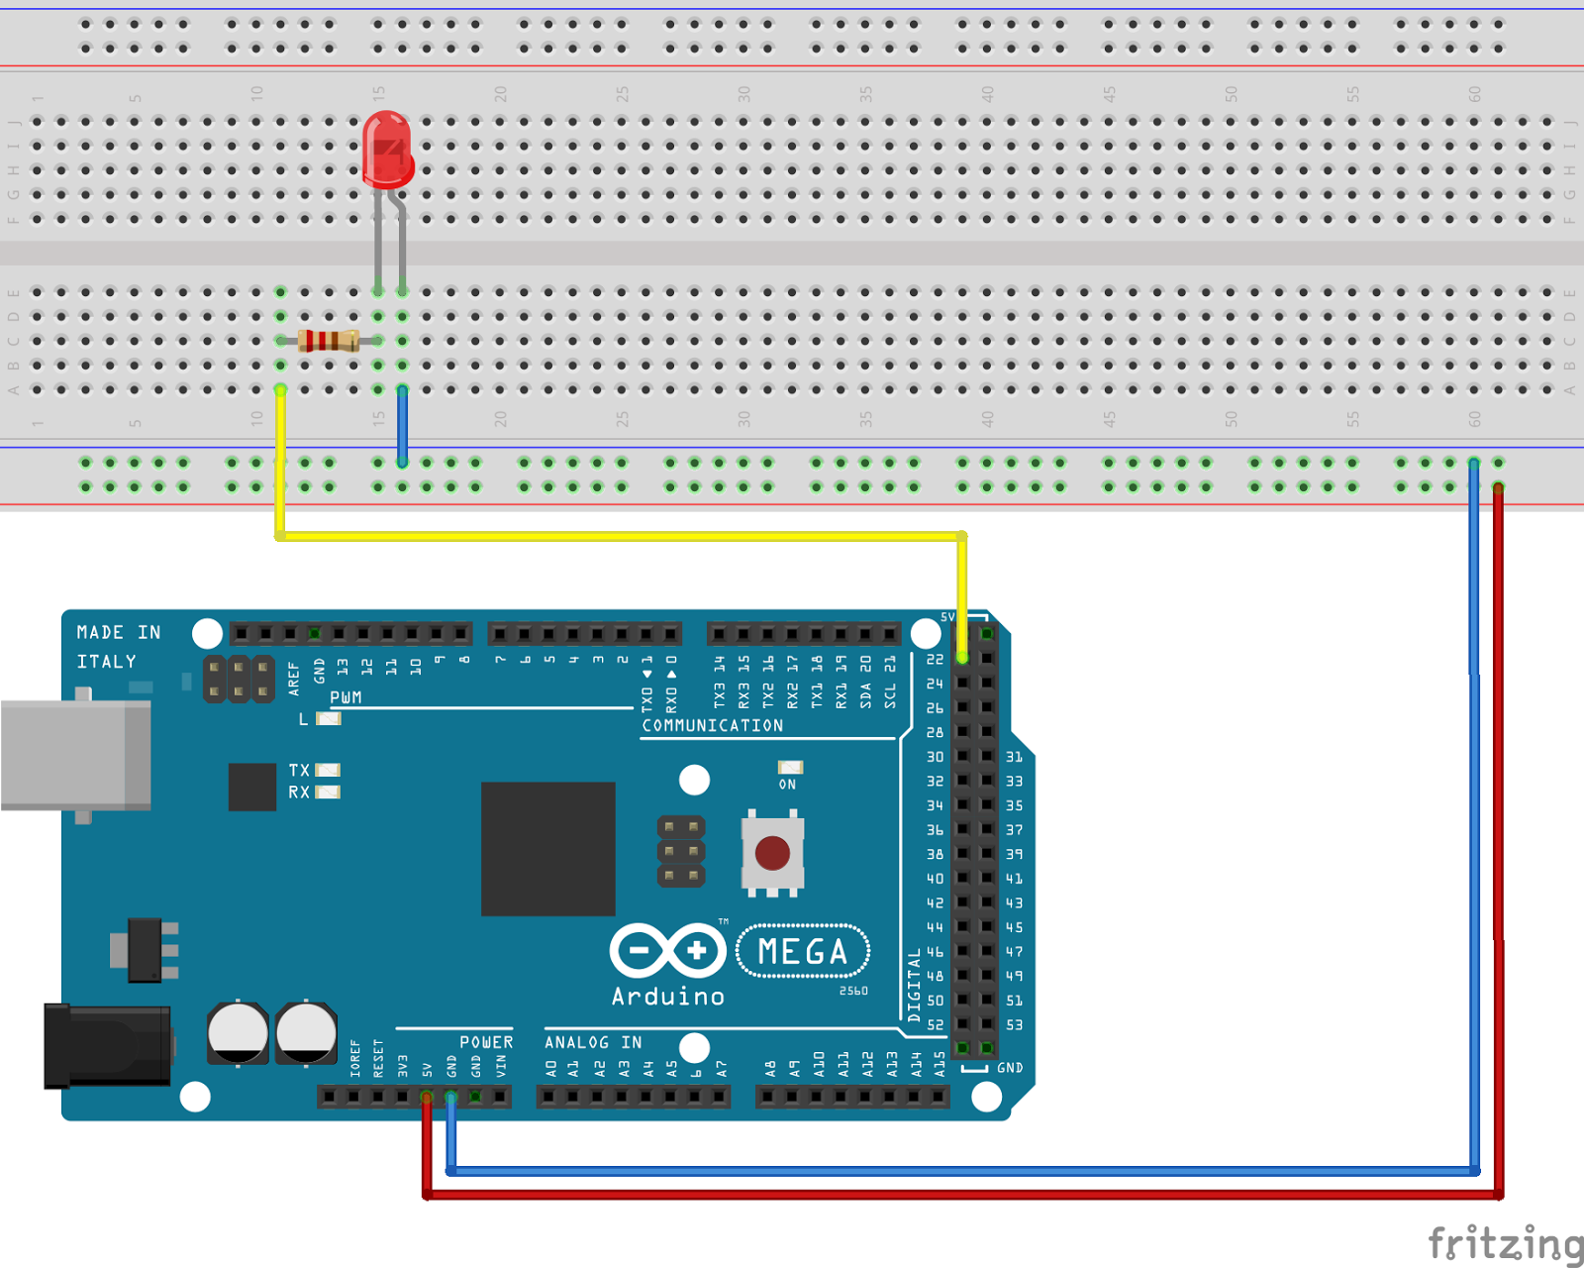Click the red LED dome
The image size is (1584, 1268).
coord(387,149)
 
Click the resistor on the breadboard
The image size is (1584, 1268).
coord(329,341)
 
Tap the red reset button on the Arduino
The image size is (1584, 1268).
coord(772,852)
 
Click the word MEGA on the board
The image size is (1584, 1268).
coord(803,952)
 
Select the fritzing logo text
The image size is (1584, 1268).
coord(1505,1242)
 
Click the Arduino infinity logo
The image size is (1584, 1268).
coord(667,951)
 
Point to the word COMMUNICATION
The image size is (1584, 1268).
coord(713,726)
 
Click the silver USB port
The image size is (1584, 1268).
coord(75,755)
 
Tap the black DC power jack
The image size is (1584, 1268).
coord(107,1045)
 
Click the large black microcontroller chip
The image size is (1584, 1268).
coord(547,849)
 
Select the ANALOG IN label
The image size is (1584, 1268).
coord(593,1042)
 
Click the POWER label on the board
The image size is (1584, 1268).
coord(486,1042)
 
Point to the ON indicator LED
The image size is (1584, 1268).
coord(790,768)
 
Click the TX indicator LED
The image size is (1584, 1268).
coord(328,770)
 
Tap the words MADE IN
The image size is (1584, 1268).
coord(119,632)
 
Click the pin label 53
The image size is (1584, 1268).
coord(1015,1025)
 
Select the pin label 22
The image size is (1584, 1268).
coord(935,660)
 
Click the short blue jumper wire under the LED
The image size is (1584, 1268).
coord(402,426)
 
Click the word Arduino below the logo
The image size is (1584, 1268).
coord(667,997)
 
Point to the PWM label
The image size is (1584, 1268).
coord(346,697)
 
